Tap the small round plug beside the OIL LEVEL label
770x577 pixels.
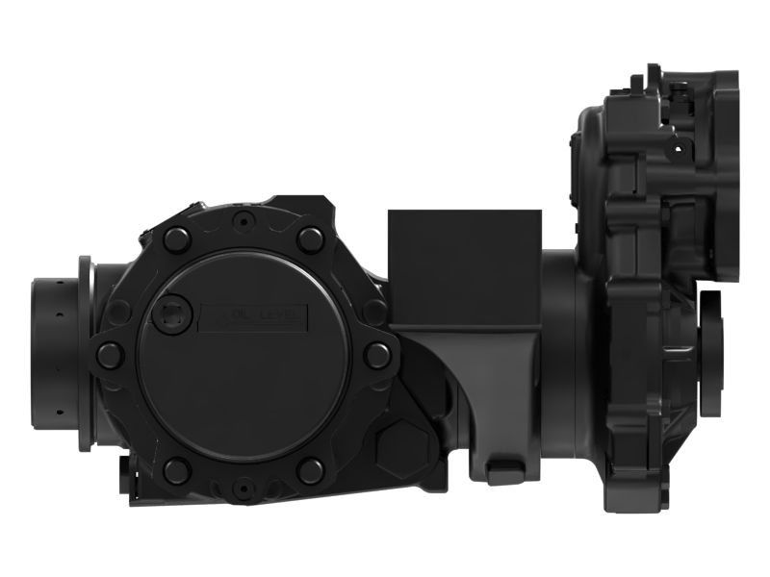click(173, 312)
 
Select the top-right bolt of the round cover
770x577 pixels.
click(310, 239)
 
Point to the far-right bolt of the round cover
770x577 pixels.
click(376, 355)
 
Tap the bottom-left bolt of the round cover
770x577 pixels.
click(176, 470)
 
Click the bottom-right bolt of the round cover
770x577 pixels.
click(310, 470)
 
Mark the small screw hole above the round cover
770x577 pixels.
click(244, 220)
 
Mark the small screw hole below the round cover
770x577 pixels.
click(244, 488)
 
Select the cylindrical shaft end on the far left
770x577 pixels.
click(58, 352)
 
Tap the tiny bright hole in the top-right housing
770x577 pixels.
click(678, 151)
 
